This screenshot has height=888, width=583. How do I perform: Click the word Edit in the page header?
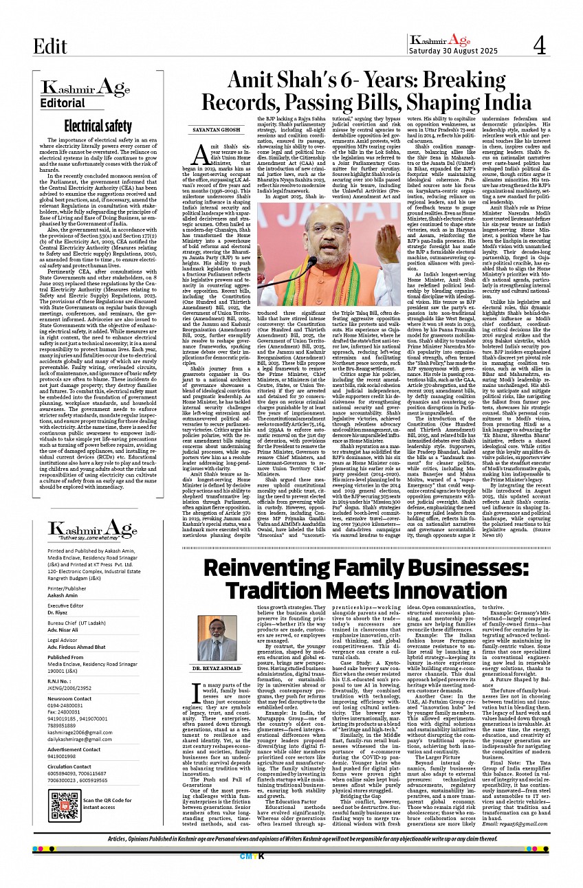pos(51,46)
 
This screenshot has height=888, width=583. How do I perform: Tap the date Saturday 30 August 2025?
pos(452,50)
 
